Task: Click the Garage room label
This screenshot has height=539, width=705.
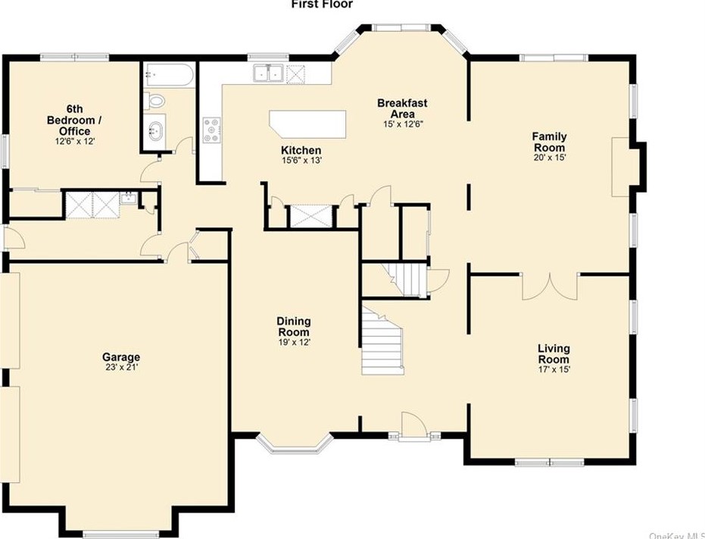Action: coord(121,357)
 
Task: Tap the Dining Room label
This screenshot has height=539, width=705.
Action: coord(294,327)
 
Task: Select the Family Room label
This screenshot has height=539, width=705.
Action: coord(549,142)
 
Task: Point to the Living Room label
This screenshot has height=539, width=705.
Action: coord(554,353)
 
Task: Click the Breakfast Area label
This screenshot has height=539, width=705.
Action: coord(402,108)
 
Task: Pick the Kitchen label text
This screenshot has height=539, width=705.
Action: coord(301,150)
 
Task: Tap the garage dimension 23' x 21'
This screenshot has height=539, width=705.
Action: coord(121,367)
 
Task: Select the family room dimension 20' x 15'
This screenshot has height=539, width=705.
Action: coord(549,158)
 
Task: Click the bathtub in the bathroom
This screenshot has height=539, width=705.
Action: coord(169,75)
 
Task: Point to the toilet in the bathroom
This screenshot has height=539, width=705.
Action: coord(154,101)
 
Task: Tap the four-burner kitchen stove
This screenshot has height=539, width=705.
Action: coord(212,130)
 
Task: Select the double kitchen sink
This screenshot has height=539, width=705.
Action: coord(268,73)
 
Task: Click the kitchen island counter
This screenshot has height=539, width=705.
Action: coord(307,124)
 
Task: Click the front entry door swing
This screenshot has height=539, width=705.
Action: coord(413,424)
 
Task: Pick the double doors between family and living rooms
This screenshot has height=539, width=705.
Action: coord(549,287)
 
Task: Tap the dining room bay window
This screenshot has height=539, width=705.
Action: coord(295,444)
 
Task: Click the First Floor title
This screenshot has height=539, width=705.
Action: coord(322,5)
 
